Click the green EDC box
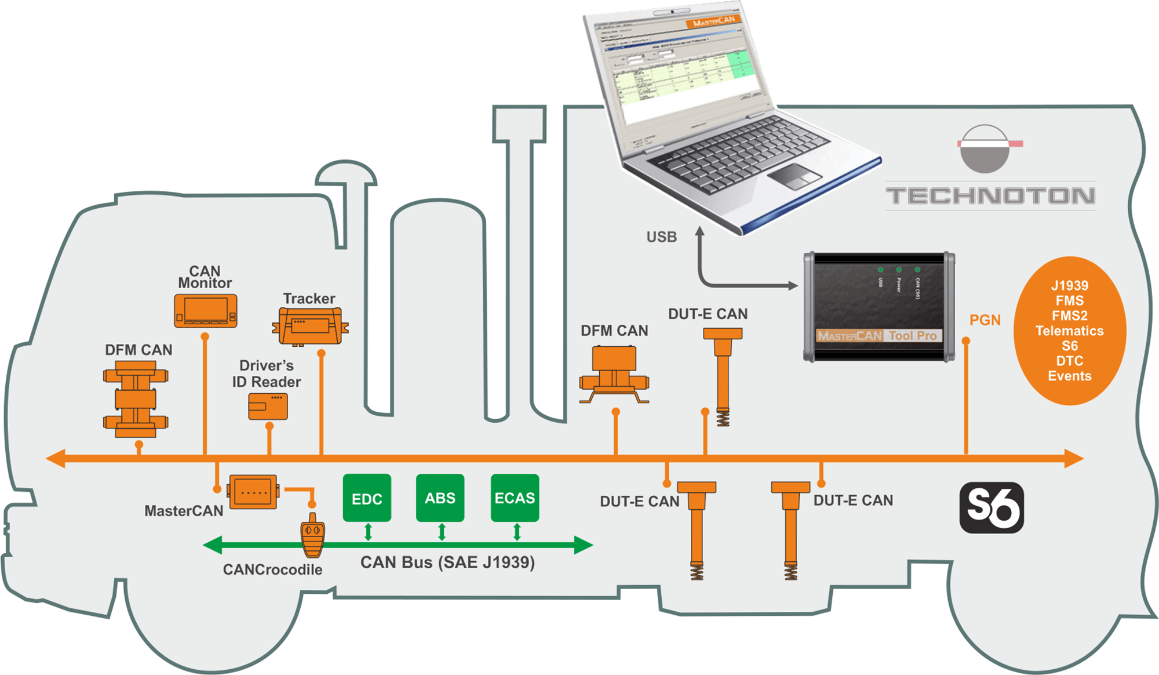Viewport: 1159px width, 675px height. pyautogui.click(x=367, y=498)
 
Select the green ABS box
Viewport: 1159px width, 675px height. pyautogui.click(x=440, y=498)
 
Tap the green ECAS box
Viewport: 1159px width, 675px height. pyautogui.click(x=515, y=498)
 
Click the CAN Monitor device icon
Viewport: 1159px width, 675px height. pyautogui.click(x=206, y=311)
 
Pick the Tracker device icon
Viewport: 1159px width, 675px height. pyautogui.click(x=311, y=326)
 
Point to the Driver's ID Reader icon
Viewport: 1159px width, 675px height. pyautogui.click(x=268, y=407)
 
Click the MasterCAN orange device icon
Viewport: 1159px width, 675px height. pyautogui.click(x=253, y=492)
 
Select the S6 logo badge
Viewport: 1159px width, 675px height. pyautogui.click(x=992, y=507)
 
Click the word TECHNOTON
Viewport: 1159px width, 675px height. pyautogui.click(x=990, y=196)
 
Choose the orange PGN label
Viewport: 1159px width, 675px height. pyautogui.click(x=985, y=320)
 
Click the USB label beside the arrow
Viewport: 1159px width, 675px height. pyautogui.click(x=662, y=237)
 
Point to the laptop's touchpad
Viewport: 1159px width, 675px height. pyautogui.click(x=794, y=176)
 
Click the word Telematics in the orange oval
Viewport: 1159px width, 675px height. pyautogui.click(x=1070, y=331)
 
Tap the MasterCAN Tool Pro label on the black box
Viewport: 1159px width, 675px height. pyautogui.click(x=877, y=336)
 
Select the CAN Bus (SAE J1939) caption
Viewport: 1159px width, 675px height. pyautogui.click(x=447, y=562)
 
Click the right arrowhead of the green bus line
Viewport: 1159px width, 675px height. pyautogui.click(x=584, y=545)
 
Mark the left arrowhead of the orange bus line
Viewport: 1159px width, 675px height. pyautogui.click(x=56, y=459)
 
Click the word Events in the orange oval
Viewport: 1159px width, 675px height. pyautogui.click(x=1070, y=376)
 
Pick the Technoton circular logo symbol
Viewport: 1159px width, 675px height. pyautogui.click(x=985, y=148)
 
